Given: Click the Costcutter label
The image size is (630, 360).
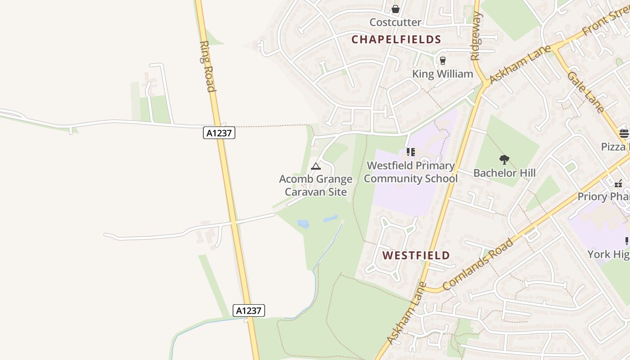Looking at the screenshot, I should click(395, 22).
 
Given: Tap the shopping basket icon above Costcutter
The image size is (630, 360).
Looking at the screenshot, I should click(395, 9).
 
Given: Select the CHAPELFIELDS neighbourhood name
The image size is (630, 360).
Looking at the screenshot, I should click(396, 40).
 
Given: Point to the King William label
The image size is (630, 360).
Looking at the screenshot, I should click(443, 74).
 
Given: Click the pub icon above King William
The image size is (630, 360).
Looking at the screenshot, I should click(443, 60).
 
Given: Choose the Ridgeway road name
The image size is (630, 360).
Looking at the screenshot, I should click(476, 36).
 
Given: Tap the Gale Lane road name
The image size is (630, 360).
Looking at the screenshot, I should click(585, 92).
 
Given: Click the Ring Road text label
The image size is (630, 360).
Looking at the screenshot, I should click(207, 66).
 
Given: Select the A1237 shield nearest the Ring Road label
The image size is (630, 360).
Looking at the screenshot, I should click(219, 133).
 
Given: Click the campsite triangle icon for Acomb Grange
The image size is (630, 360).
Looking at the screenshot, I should click(316, 166).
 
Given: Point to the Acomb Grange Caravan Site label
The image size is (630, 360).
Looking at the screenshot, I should click(316, 185).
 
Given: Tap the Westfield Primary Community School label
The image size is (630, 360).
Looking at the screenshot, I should click(410, 172).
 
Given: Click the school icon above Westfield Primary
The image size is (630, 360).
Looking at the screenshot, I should click(410, 152).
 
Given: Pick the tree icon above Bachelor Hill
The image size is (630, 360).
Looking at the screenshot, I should click(504, 159).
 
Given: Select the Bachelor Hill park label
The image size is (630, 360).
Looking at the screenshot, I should click(504, 173).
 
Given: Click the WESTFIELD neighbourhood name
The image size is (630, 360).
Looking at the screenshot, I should click(416, 256).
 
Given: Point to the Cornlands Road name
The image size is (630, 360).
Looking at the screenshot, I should click(478, 265).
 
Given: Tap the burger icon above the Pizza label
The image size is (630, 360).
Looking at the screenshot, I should click(624, 133).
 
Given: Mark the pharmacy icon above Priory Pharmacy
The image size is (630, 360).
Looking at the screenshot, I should click(618, 183).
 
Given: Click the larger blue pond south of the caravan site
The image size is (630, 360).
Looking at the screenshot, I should click(303, 224).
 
